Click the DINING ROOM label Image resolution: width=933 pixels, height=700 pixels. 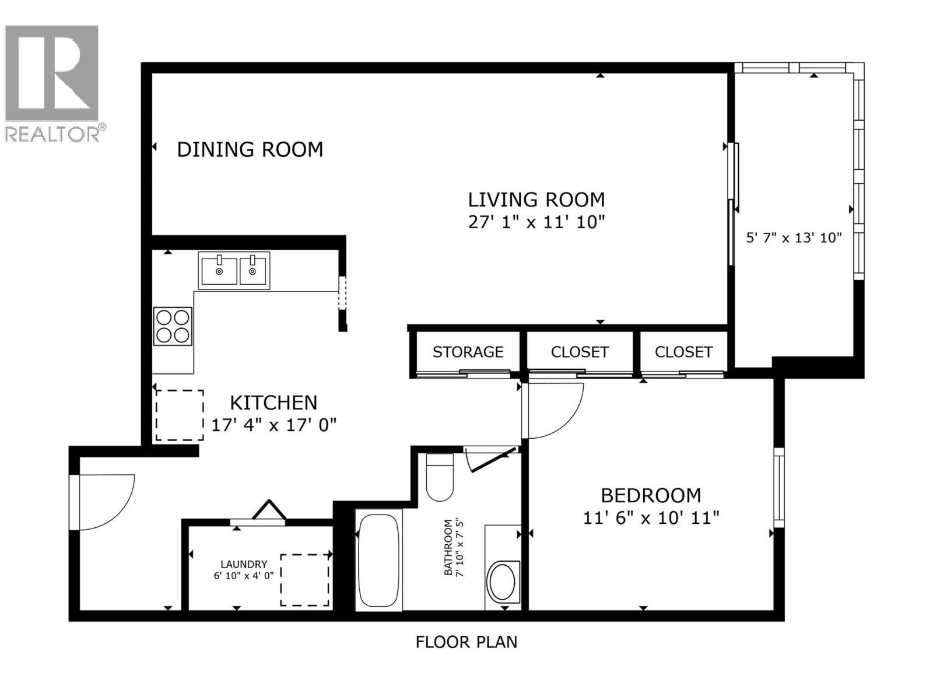(x=250, y=149)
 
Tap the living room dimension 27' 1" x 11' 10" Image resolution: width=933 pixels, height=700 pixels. (x=536, y=222)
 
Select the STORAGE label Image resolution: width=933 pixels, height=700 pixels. (x=468, y=352)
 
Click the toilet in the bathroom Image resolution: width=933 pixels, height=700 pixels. (x=440, y=477)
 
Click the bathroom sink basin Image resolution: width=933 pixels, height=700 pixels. (x=501, y=582)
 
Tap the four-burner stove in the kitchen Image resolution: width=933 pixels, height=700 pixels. (x=173, y=325)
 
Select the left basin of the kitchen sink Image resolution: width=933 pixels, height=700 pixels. (x=219, y=271)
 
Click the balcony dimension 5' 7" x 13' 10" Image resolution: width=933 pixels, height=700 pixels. (x=794, y=237)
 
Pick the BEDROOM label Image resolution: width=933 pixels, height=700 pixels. (x=651, y=495)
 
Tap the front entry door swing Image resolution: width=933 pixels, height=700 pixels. (x=105, y=502)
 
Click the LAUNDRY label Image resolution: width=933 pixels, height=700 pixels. (x=244, y=564)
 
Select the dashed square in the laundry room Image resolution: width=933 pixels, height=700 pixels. (x=305, y=580)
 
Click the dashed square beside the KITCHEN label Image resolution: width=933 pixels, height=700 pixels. (x=179, y=415)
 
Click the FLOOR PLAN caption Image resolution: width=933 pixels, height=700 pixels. (x=466, y=642)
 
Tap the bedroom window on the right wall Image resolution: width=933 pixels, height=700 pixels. (x=778, y=487)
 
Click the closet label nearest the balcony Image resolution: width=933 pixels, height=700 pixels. (x=683, y=352)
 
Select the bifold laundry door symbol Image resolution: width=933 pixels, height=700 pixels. (x=269, y=511)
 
